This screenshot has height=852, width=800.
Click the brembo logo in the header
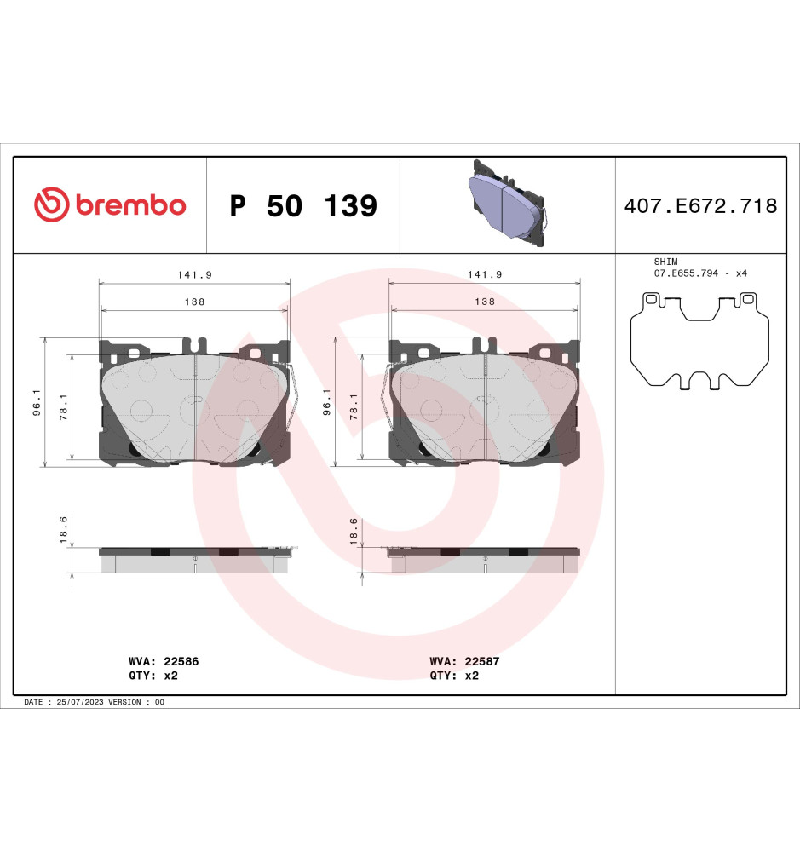pyautogui.click(x=110, y=204)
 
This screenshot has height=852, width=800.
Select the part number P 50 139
pyautogui.click(x=303, y=206)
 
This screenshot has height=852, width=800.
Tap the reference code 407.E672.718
pyautogui.click(x=700, y=206)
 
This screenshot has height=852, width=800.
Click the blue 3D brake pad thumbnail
pyautogui.click(x=507, y=203)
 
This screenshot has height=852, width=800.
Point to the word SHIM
pyautogui.click(x=665, y=262)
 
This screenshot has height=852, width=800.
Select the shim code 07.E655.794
pyautogui.click(x=686, y=273)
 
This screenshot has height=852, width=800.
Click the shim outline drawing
pyautogui.click(x=699, y=341)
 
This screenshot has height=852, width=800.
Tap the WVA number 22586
pyautogui.click(x=181, y=661)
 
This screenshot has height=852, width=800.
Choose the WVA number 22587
pyautogui.click(x=481, y=661)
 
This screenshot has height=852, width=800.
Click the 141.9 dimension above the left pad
pyautogui.click(x=194, y=275)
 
